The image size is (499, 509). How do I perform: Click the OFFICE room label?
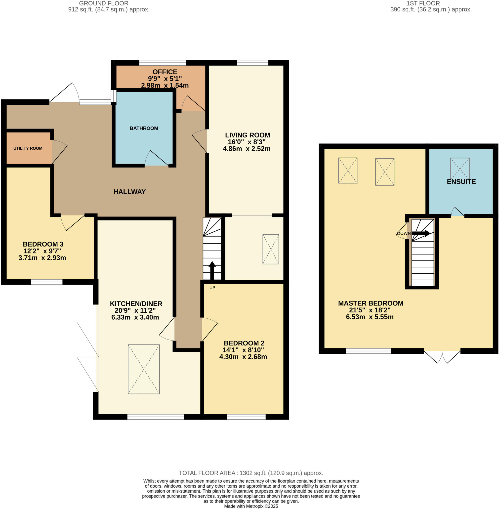click(x=165, y=72)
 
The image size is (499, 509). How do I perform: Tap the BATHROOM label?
click(x=144, y=128)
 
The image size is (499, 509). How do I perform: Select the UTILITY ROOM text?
click(x=28, y=148)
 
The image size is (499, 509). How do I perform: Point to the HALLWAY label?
click(x=129, y=192)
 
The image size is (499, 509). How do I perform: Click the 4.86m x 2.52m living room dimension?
click(x=246, y=149)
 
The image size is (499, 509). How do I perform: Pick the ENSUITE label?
click(x=461, y=182)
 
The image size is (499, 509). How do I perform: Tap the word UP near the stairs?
click(x=212, y=288)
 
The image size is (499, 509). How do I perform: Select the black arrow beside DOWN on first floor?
click(x=421, y=233)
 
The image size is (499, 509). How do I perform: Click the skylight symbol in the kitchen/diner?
click(x=144, y=369)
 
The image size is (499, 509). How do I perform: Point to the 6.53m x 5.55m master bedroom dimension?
click(x=370, y=317)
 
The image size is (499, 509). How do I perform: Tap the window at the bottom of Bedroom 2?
click(x=246, y=417)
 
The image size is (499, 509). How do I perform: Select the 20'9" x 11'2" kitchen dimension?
click(x=135, y=310)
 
